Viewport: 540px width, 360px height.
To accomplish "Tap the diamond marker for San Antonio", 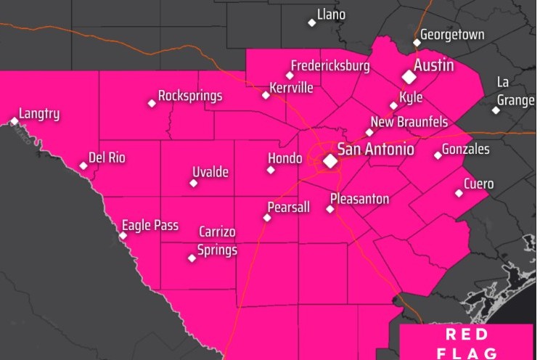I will (x=330, y=160).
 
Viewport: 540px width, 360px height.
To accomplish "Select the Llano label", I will (x=331, y=15).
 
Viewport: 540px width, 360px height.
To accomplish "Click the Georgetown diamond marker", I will (x=417, y=42).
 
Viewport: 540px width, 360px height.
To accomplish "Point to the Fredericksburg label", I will (x=330, y=66).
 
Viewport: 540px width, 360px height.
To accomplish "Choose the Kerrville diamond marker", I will (x=266, y=95).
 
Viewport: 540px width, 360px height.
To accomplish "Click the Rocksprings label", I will (x=190, y=96).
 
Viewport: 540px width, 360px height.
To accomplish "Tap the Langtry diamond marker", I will (x=15, y=121).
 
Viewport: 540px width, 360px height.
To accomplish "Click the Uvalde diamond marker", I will (x=193, y=183).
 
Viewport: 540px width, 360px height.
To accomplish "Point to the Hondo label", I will (x=285, y=158).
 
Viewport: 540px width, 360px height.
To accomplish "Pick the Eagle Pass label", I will (x=150, y=226).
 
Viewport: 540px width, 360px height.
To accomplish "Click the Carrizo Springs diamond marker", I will (x=192, y=258).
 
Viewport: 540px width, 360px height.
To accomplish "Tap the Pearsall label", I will (x=288, y=208).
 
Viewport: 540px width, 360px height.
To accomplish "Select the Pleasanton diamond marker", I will (x=330, y=209).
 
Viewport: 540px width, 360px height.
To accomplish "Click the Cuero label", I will (x=478, y=184).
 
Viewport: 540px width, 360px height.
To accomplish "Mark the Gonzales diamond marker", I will (x=438, y=155).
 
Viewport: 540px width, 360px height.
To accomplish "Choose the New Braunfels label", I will (x=409, y=122).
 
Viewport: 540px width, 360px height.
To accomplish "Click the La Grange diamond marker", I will (x=496, y=110).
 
